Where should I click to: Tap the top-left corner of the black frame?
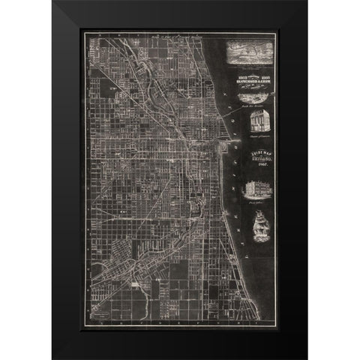[52, 1]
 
